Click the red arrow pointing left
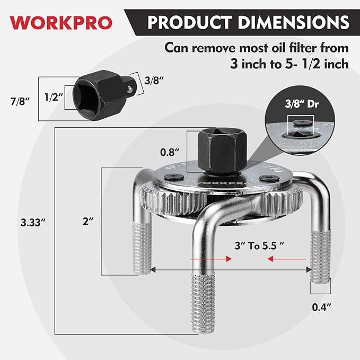(287, 259)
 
